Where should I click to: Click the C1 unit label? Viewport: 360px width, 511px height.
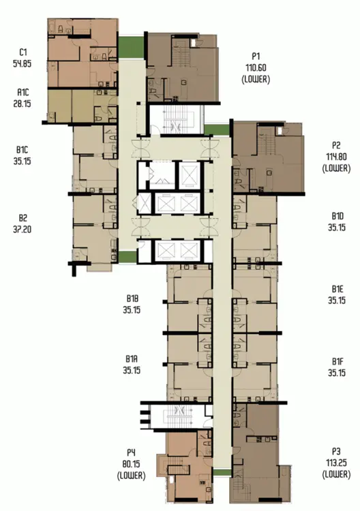click(22, 52)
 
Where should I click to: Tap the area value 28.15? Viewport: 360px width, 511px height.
click(22, 104)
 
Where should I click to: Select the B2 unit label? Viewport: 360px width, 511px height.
click(22, 218)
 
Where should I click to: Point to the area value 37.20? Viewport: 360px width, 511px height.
click(22, 230)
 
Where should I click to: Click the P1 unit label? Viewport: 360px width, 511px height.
click(256, 57)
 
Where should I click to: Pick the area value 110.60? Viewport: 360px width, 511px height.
click(256, 67)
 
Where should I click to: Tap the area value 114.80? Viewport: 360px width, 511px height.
click(336, 157)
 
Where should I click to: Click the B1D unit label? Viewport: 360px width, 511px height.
click(337, 216)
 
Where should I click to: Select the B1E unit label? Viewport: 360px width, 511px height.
click(337, 289)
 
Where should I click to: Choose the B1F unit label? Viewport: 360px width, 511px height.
click(337, 361)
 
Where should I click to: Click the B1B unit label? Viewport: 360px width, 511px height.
click(132, 298)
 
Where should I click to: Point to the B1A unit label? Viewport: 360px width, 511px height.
click(132, 359)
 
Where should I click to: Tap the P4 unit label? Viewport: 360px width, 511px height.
click(131, 452)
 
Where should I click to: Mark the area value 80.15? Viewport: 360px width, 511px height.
click(131, 464)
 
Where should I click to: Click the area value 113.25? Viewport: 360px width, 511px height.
click(336, 463)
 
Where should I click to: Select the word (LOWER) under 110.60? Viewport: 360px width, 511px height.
click(256, 79)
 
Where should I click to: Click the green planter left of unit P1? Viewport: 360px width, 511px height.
click(131, 48)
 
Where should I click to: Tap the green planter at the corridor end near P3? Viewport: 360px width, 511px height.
click(222, 472)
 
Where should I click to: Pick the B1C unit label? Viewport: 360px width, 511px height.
click(22, 150)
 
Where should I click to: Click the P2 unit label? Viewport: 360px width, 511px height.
click(336, 145)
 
